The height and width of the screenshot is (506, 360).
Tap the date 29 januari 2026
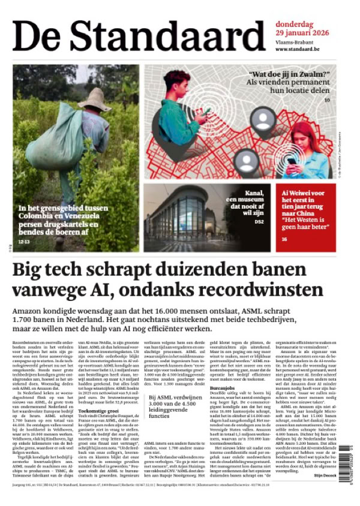click(x=300, y=32)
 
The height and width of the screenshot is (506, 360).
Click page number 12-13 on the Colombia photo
click(x=25, y=242)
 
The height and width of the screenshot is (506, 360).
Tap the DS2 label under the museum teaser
click(x=259, y=222)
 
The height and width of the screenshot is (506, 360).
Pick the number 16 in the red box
click(x=284, y=239)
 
